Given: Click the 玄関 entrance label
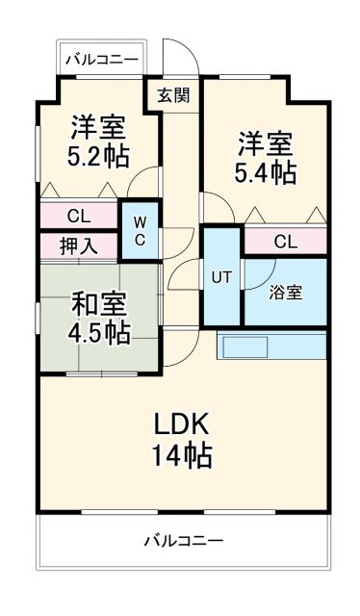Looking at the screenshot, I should [x=173, y=94].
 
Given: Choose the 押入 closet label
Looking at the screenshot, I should [x=78, y=245].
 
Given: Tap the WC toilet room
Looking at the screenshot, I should [x=139, y=230].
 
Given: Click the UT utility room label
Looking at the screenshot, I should [x=221, y=277].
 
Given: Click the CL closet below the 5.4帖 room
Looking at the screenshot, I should [x=285, y=242].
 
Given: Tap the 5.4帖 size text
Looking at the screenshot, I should [x=266, y=173].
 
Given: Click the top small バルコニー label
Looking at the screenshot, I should [x=101, y=60].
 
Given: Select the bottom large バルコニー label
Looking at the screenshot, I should [x=183, y=540].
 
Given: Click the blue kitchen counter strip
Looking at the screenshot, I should [x=272, y=345].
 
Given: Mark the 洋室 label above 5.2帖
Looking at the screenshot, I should [x=97, y=125].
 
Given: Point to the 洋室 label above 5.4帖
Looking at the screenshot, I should [x=266, y=144].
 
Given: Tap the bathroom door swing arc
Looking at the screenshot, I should [x=254, y=277].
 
